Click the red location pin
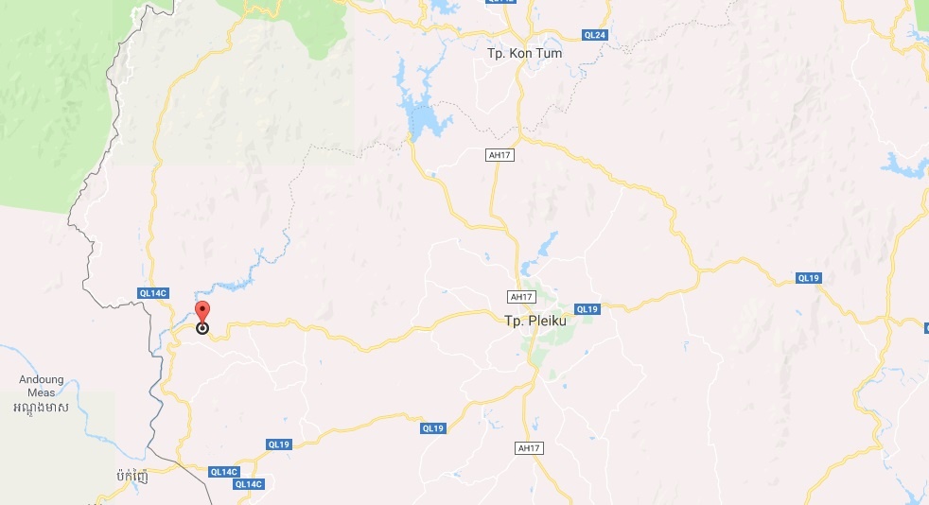202,311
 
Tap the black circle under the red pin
202,328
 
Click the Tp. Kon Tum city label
524,54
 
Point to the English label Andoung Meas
42,386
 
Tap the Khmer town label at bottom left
133,474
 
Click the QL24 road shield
595,35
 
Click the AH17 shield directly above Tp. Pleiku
521,297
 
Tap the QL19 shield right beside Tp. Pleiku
587,309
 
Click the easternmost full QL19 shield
808,278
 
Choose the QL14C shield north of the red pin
151,293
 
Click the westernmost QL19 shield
278,444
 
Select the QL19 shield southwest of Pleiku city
432,428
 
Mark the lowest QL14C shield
248,484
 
